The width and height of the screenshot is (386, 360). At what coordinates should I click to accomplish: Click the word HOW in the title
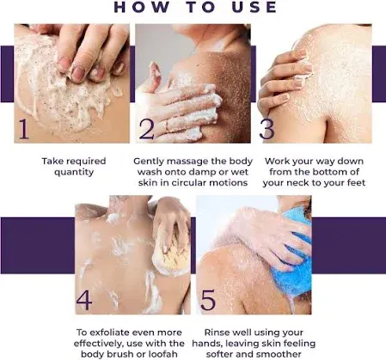[x=141, y=7]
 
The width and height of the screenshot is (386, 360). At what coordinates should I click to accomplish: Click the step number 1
[x=24, y=129]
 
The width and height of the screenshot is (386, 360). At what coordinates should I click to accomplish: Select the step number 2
[x=147, y=129]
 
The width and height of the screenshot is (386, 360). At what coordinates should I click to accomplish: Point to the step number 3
[x=267, y=129]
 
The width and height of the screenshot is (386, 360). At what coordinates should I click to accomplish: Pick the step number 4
[x=84, y=300]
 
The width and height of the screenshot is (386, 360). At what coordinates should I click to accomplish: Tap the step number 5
[x=208, y=300]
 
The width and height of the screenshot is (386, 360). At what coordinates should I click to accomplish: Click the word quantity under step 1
[x=74, y=173]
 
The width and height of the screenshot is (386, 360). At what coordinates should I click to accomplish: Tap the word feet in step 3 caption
[x=355, y=183]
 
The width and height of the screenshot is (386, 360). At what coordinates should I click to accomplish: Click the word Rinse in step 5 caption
[x=217, y=333]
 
